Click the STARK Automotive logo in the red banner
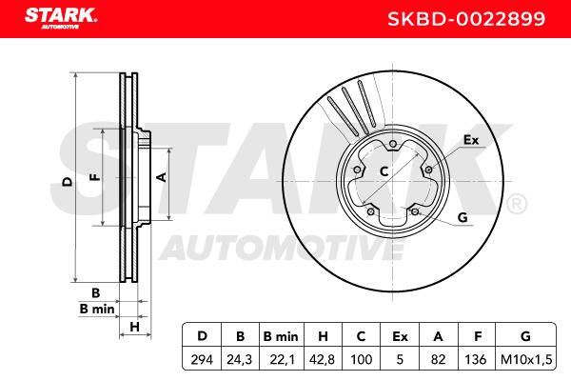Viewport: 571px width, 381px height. [61, 18]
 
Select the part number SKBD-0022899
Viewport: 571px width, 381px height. [466, 19]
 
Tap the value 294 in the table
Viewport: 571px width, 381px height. [202, 360]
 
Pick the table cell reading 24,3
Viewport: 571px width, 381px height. [240, 360]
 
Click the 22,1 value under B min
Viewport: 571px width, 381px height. [281, 360]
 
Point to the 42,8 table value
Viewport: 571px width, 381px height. [323, 360]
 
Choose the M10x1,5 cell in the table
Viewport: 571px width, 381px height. [526, 360]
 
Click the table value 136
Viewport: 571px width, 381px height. [475, 360]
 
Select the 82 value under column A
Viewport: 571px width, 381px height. [438, 360]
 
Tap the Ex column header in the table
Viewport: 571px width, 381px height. [400, 336]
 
